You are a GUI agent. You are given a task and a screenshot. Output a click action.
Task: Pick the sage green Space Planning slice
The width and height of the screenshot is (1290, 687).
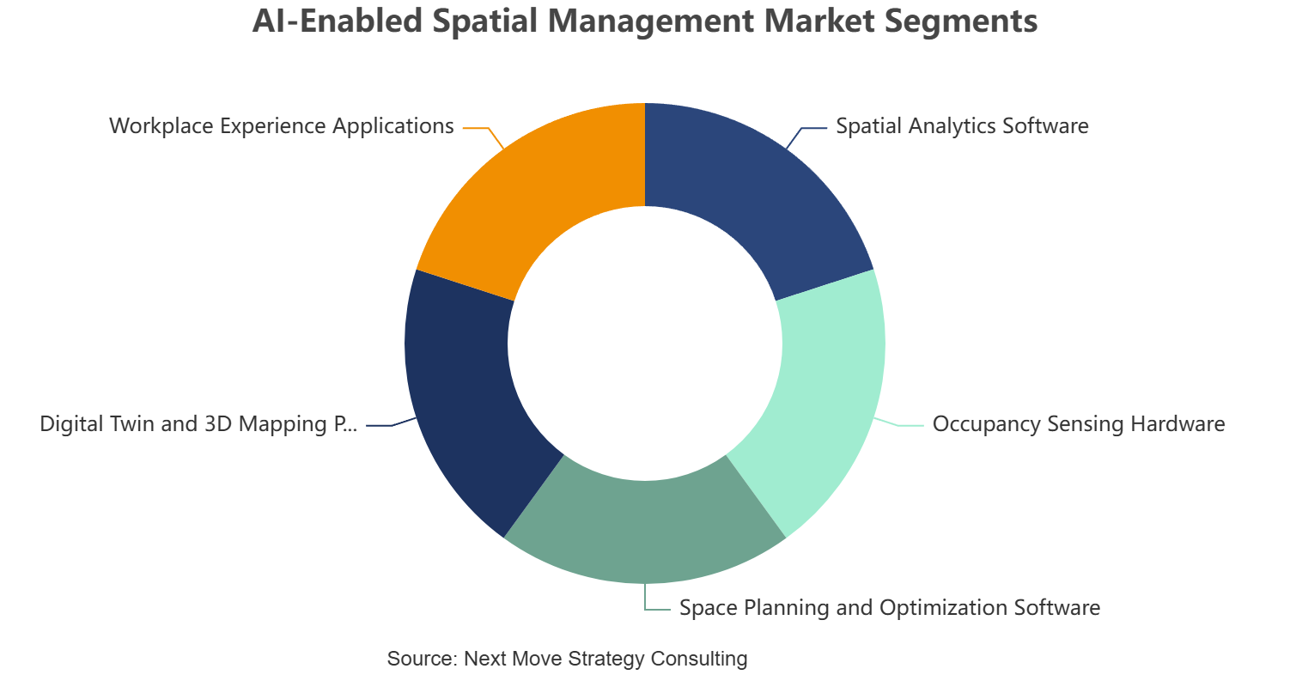[645, 530]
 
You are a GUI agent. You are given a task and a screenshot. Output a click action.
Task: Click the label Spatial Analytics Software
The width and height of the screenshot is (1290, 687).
[962, 126]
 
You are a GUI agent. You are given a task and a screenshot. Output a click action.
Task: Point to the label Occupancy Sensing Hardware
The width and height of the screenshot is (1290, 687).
[1079, 424]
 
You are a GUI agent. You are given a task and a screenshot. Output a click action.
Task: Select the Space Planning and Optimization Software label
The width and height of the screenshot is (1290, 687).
[890, 607]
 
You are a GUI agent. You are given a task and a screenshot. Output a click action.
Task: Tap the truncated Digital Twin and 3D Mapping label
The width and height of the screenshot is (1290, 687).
[198, 424]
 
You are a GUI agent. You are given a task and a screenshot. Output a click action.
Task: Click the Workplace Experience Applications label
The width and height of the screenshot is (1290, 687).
[282, 126]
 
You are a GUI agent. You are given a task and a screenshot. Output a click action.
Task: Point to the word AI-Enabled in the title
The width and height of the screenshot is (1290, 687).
[338, 21]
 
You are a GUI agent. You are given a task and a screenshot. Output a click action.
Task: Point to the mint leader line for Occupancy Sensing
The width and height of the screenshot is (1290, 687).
[898, 424]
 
